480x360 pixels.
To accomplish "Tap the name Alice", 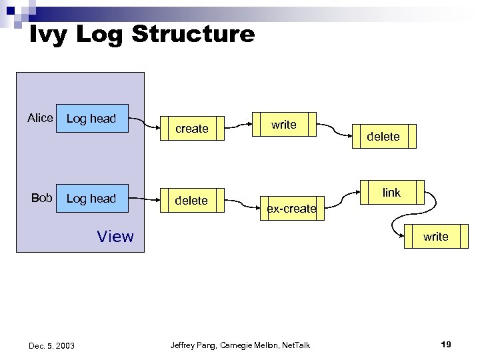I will pos(40,118).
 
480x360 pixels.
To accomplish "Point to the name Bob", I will pos(42,198).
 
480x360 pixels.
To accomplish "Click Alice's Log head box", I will pos(92,119).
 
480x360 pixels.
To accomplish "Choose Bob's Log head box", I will pos(92,199).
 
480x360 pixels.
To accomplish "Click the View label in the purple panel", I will pos(115,237).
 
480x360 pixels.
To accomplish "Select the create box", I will pos(191,129).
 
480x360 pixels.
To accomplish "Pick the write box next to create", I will pos(283,125).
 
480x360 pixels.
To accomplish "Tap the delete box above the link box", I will pos(383,136).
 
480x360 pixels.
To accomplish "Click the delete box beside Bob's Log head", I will pos(191,201).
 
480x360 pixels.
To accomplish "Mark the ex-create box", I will pos(291,209).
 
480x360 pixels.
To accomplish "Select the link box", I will pos(391,193).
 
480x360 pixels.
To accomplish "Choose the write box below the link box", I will pos(435,237).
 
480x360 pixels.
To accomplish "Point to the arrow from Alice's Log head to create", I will pos(143,121).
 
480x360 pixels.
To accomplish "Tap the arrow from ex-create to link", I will pos(343,196).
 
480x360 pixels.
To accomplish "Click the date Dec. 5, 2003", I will pos(51,345).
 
